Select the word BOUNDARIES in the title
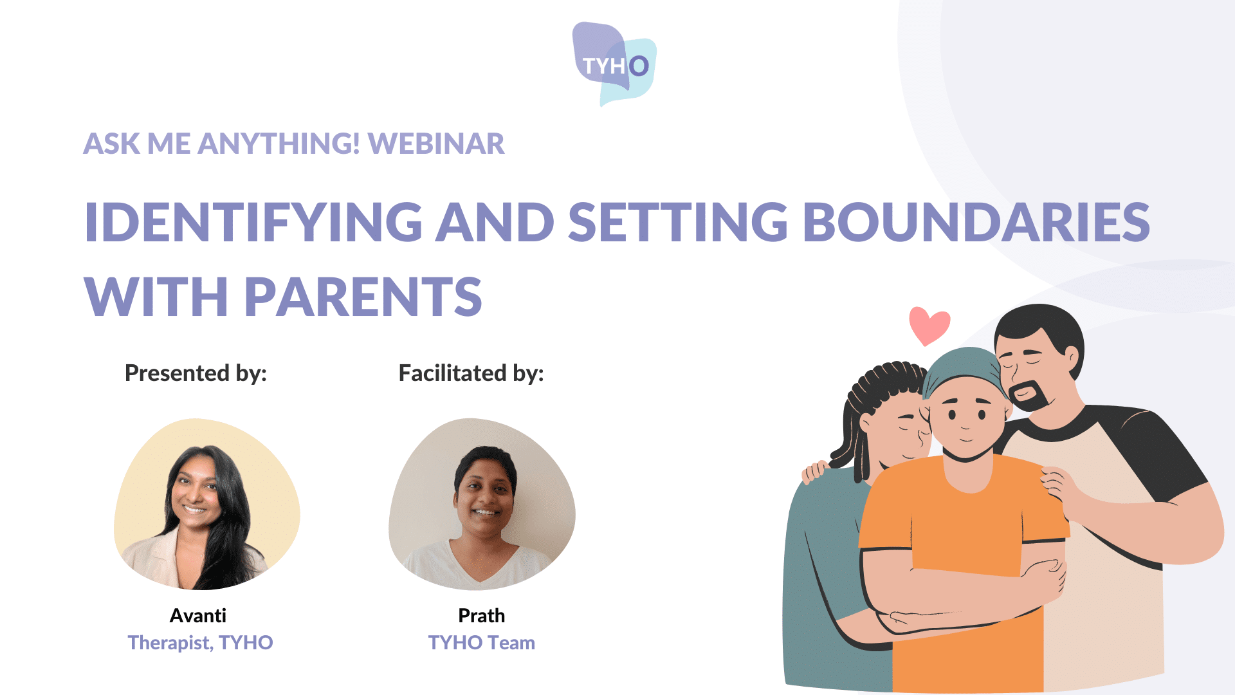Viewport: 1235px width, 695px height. [976, 222]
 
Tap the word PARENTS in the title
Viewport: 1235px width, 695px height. [363, 297]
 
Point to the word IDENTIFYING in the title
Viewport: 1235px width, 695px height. [253, 222]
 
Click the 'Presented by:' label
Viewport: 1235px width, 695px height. [196, 373]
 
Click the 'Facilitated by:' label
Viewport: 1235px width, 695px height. [471, 373]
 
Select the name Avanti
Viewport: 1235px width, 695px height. [198, 616]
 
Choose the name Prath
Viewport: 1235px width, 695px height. [482, 616]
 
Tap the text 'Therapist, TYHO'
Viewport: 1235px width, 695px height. [200, 642]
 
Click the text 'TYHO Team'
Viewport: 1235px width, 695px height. [482, 642]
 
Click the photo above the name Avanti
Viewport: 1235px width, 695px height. [207, 504]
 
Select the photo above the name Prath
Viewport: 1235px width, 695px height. [482, 504]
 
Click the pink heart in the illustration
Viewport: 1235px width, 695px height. [929, 325]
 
